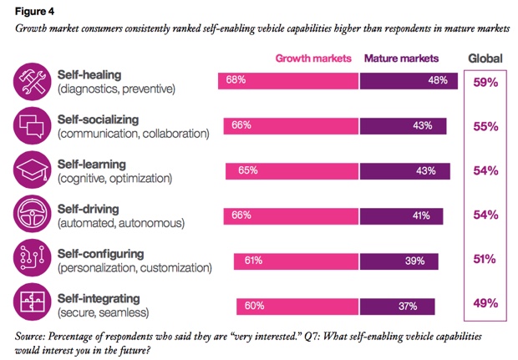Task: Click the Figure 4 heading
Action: pos(31,12)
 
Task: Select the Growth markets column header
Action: pos(313,58)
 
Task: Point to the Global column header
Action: pos(485,58)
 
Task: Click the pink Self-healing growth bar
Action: pos(289,81)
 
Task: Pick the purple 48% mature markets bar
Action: pos(409,81)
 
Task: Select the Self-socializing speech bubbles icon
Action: pos(32,126)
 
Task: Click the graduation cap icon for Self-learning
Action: pos(32,170)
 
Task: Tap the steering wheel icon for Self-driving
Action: pos(32,215)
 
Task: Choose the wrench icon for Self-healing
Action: pos(32,82)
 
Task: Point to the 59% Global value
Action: pos(485,83)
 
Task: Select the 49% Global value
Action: pos(485,303)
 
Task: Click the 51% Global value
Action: pos(485,259)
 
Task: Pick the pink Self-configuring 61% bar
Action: pos(297,261)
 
